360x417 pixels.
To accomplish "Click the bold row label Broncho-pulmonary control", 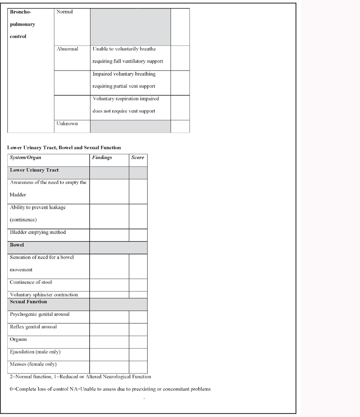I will point(22,24).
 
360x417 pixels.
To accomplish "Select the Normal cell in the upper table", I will point(64,12).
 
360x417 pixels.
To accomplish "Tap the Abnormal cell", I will point(67,49).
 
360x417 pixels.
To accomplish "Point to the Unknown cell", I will point(67,124).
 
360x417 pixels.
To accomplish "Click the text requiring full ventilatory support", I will point(127,61).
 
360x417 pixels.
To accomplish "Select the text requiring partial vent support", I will point(124,86).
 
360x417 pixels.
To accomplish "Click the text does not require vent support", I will point(124,111).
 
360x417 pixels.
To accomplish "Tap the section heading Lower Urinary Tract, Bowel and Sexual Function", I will point(64,148).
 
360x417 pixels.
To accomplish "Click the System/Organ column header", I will point(26,158).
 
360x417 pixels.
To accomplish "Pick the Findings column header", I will point(102,158).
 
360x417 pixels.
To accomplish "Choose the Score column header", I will point(138,158).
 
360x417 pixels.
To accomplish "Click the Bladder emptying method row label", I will point(38,233).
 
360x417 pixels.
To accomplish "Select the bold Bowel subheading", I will point(17,245).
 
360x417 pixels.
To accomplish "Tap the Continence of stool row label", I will point(31,282).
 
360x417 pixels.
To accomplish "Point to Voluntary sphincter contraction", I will point(44,295).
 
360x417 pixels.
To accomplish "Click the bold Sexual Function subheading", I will point(28,302).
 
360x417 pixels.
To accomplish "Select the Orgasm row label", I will point(18,340).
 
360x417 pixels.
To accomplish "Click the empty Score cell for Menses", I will point(138,366).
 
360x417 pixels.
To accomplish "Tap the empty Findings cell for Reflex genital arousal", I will point(109,329).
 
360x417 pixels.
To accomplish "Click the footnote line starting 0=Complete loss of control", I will point(110,389).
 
